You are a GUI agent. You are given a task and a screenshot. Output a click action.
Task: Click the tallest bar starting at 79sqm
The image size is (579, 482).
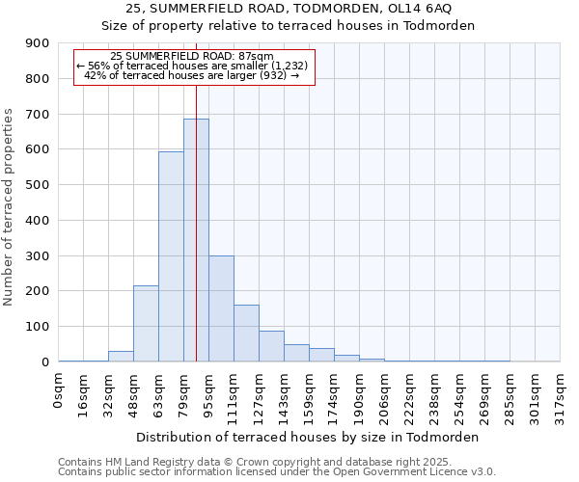coord(196,240)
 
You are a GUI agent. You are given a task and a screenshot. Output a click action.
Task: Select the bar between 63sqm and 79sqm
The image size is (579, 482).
coord(171,256)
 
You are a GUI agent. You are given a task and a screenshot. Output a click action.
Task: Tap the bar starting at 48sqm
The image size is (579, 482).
coord(146,323)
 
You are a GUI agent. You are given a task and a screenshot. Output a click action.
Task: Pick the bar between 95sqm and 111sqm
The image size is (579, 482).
coord(221,308)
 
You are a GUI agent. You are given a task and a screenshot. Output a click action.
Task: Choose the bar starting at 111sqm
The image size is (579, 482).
coord(246,333)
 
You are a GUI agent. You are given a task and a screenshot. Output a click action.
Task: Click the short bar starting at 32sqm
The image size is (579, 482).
coord(121,357)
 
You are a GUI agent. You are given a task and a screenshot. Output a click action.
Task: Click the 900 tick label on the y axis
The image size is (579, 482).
coord(38,43)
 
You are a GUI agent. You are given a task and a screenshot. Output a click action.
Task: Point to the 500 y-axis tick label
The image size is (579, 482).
coord(38,185)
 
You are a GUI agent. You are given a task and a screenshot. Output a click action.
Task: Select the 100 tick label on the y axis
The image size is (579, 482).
coord(38,327)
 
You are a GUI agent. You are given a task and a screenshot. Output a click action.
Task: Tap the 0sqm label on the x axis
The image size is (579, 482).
coord(58,393)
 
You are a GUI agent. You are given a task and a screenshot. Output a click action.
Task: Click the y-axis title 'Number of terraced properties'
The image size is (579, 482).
coord(10,207)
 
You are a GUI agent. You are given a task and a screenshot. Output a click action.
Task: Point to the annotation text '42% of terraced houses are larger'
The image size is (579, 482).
coord(192,75)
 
